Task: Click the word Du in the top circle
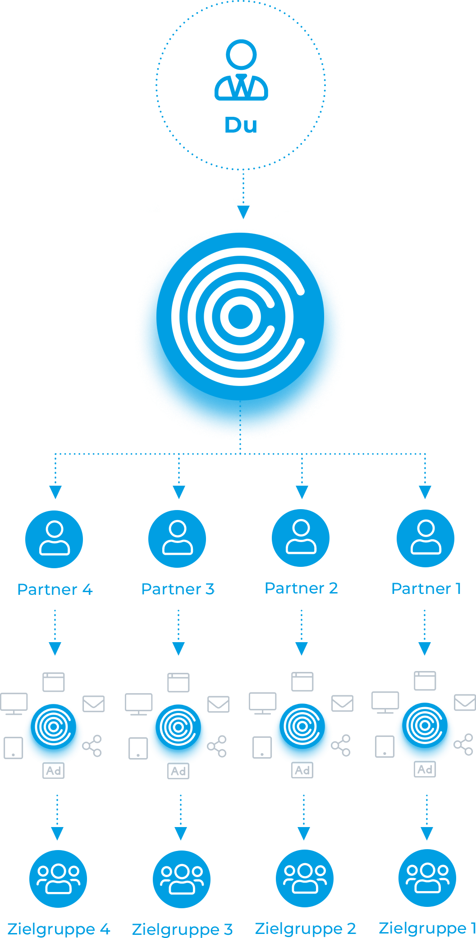click(x=241, y=125)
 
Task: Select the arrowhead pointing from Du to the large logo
click(x=243, y=211)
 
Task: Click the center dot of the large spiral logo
click(x=241, y=317)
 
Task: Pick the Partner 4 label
click(x=55, y=589)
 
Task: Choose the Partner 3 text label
click(x=178, y=589)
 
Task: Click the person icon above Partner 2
click(x=301, y=538)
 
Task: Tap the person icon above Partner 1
click(x=426, y=538)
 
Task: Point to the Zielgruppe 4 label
click(x=59, y=929)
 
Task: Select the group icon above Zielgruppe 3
click(x=182, y=879)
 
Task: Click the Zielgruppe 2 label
click(x=306, y=929)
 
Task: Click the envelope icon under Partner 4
click(x=94, y=704)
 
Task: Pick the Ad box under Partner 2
click(x=302, y=770)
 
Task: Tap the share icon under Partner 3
click(x=218, y=746)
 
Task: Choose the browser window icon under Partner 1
click(x=425, y=681)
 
